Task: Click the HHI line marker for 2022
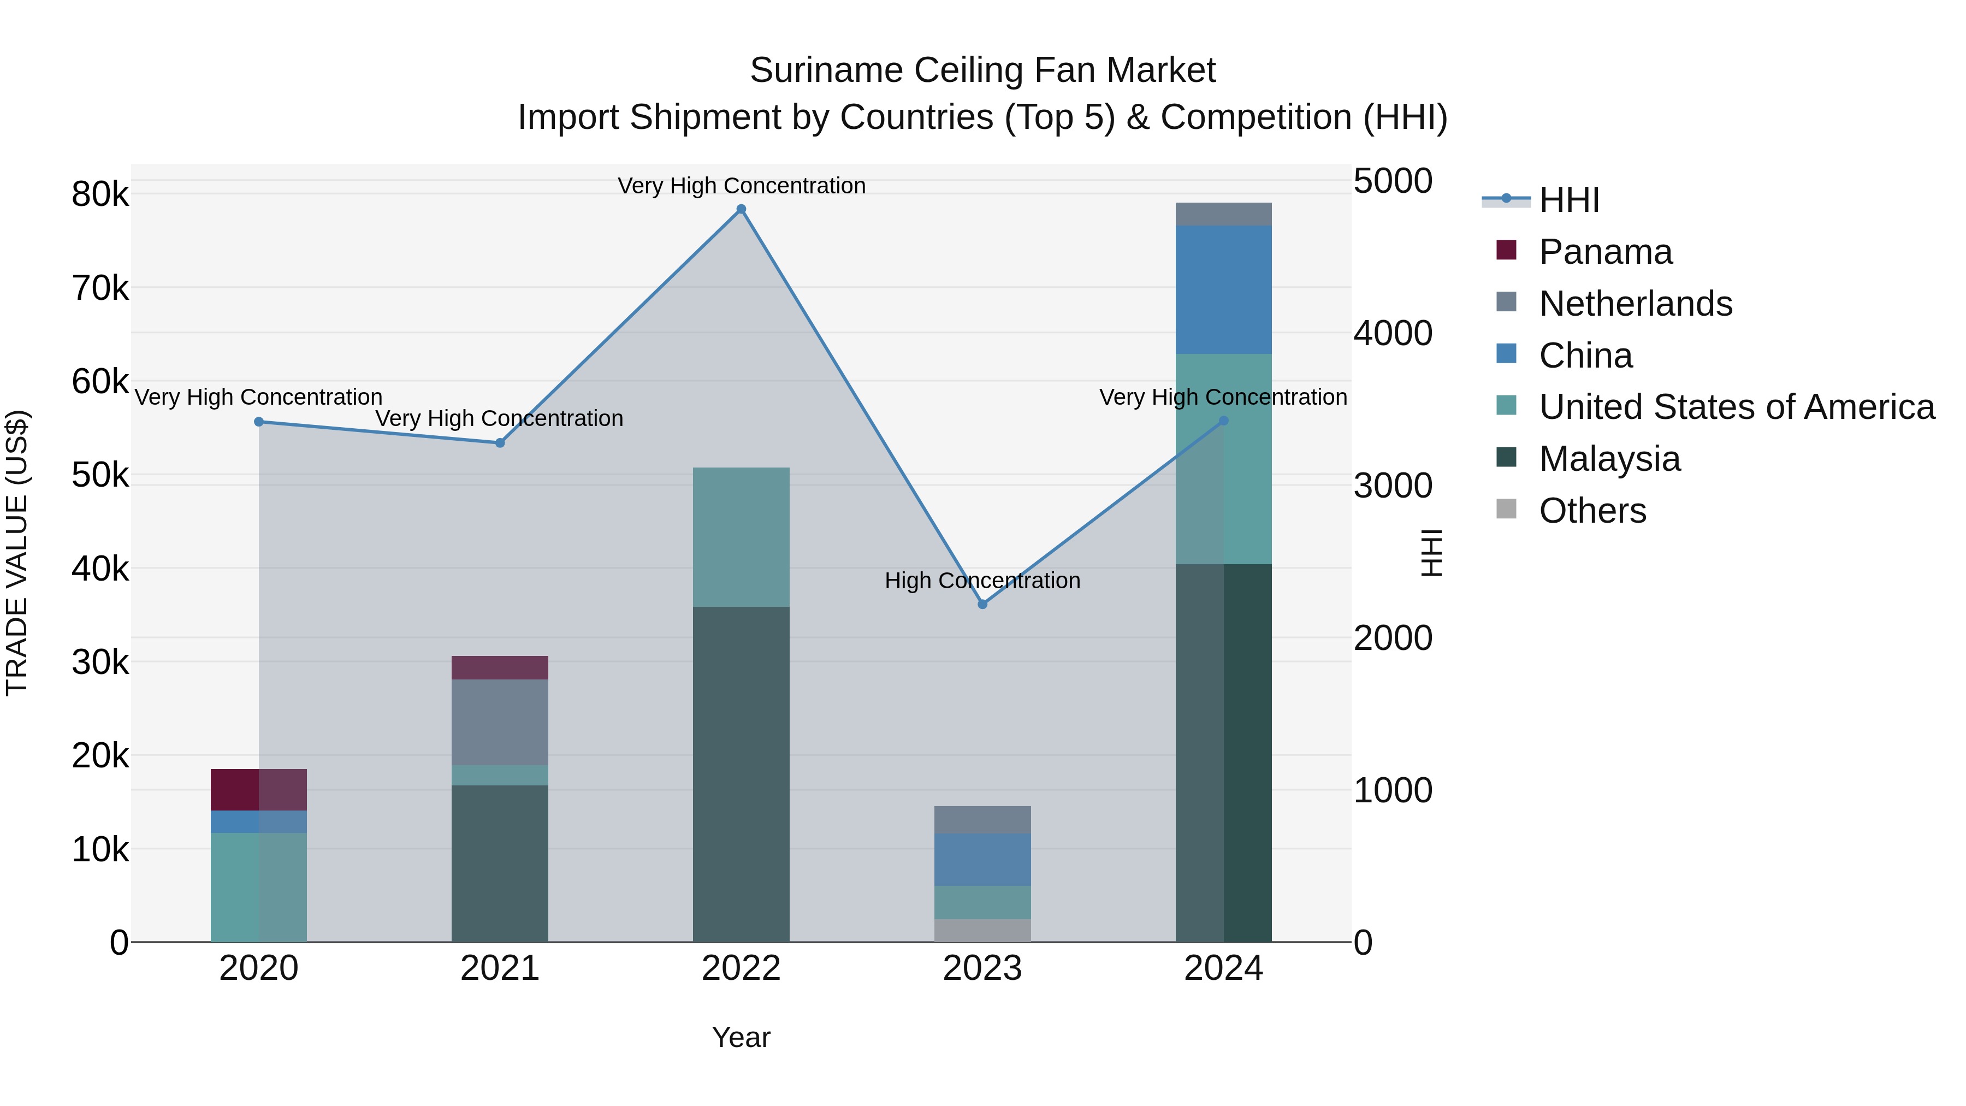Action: (x=741, y=209)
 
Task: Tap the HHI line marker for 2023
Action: (x=982, y=604)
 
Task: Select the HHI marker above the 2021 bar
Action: (x=500, y=443)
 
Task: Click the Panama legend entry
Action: (x=1604, y=252)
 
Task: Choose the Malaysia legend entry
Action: (x=1609, y=459)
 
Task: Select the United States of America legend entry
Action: (x=1736, y=407)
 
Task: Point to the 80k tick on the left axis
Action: (x=100, y=194)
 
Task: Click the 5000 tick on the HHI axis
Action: (x=1393, y=182)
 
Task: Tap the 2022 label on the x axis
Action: (x=741, y=968)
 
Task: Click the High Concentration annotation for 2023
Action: (x=982, y=581)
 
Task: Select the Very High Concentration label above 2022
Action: (x=741, y=186)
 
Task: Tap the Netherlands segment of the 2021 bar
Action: (x=500, y=722)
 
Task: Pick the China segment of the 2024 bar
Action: (x=1223, y=290)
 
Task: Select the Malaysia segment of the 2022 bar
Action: (x=741, y=774)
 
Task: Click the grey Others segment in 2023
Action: (x=982, y=931)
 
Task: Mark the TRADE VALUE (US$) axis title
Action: (x=17, y=553)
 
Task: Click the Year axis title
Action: (x=741, y=1037)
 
